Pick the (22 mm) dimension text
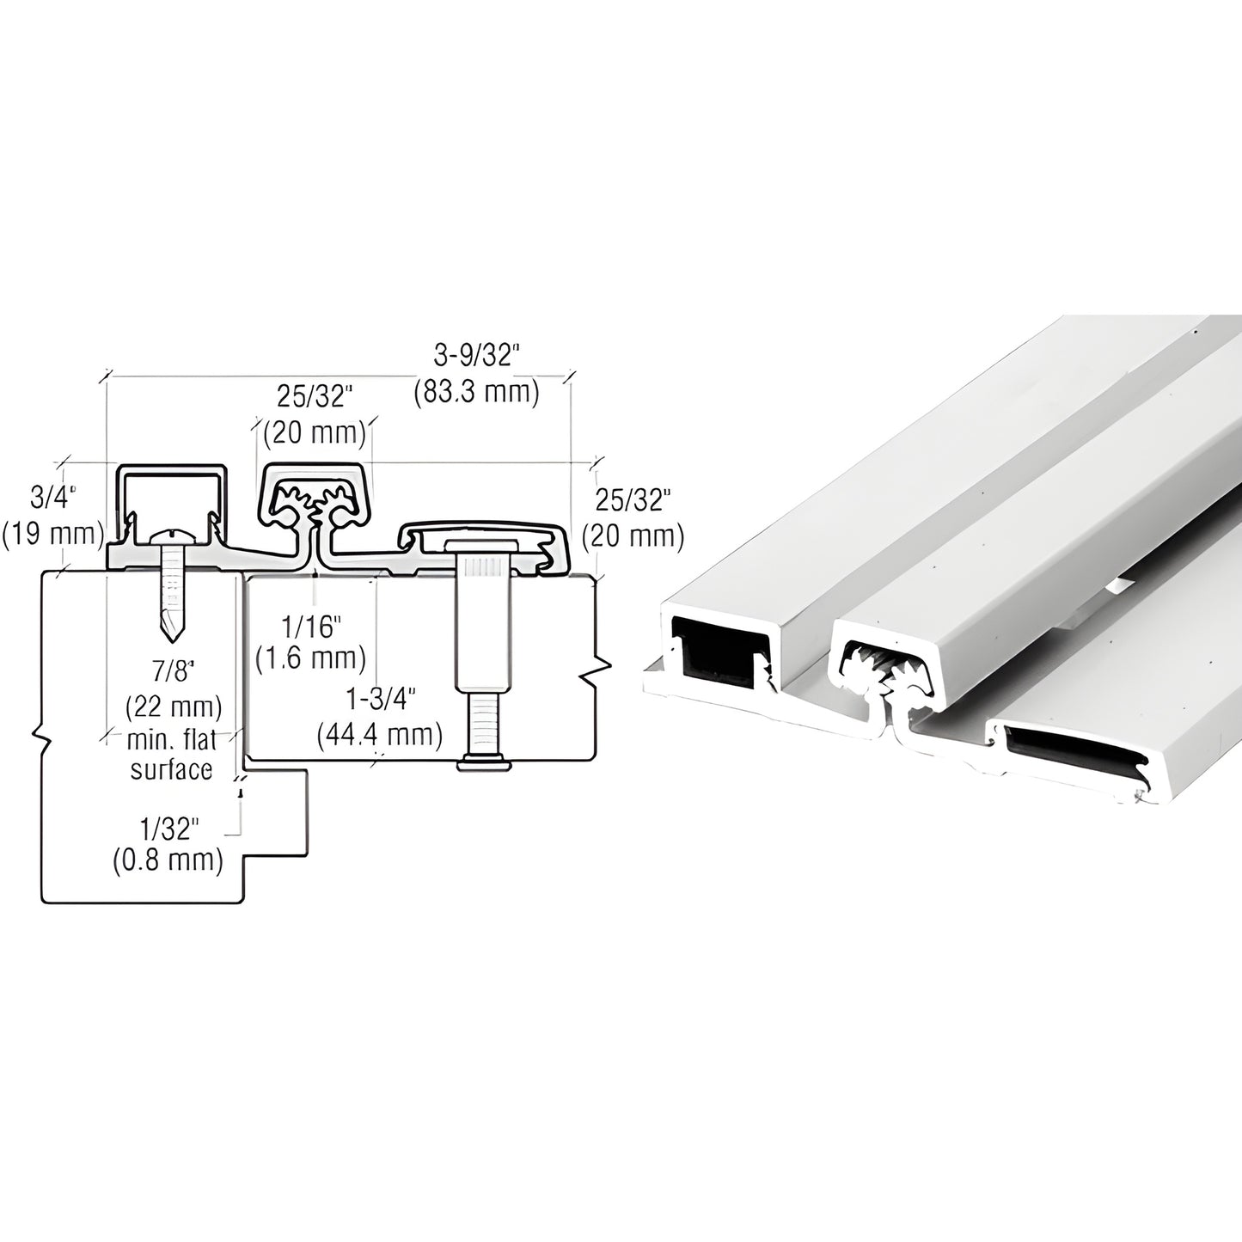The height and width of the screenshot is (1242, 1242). [x=174, y=707]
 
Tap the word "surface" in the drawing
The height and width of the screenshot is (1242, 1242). [x=171, y=769]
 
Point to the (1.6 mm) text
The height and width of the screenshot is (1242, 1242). [x=311, y=658]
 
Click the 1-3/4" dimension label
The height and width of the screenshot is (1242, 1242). [x=382, y=699]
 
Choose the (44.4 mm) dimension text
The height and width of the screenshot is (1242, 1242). [x=380, y=735]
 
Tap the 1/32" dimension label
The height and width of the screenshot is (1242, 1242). [x=169, y=829]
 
